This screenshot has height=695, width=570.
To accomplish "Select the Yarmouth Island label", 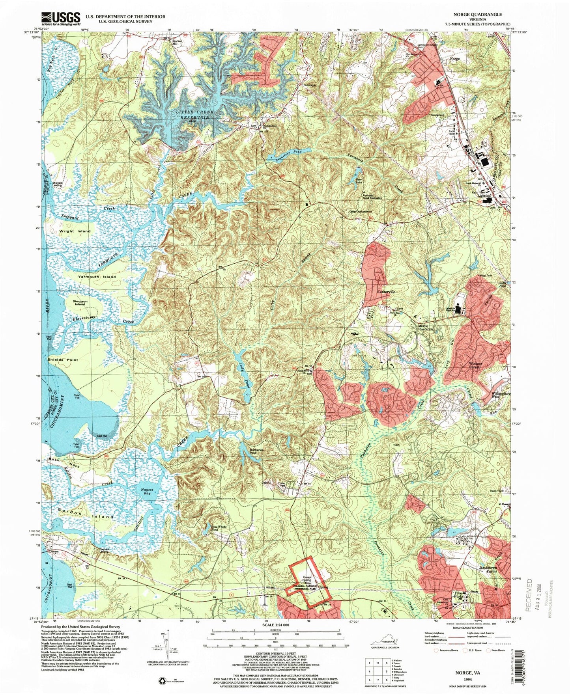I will [x=97, y=277].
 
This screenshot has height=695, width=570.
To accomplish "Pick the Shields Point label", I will [x=63, y=360].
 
